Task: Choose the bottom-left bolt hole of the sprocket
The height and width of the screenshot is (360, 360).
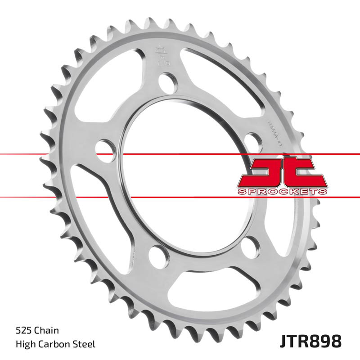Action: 157,255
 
